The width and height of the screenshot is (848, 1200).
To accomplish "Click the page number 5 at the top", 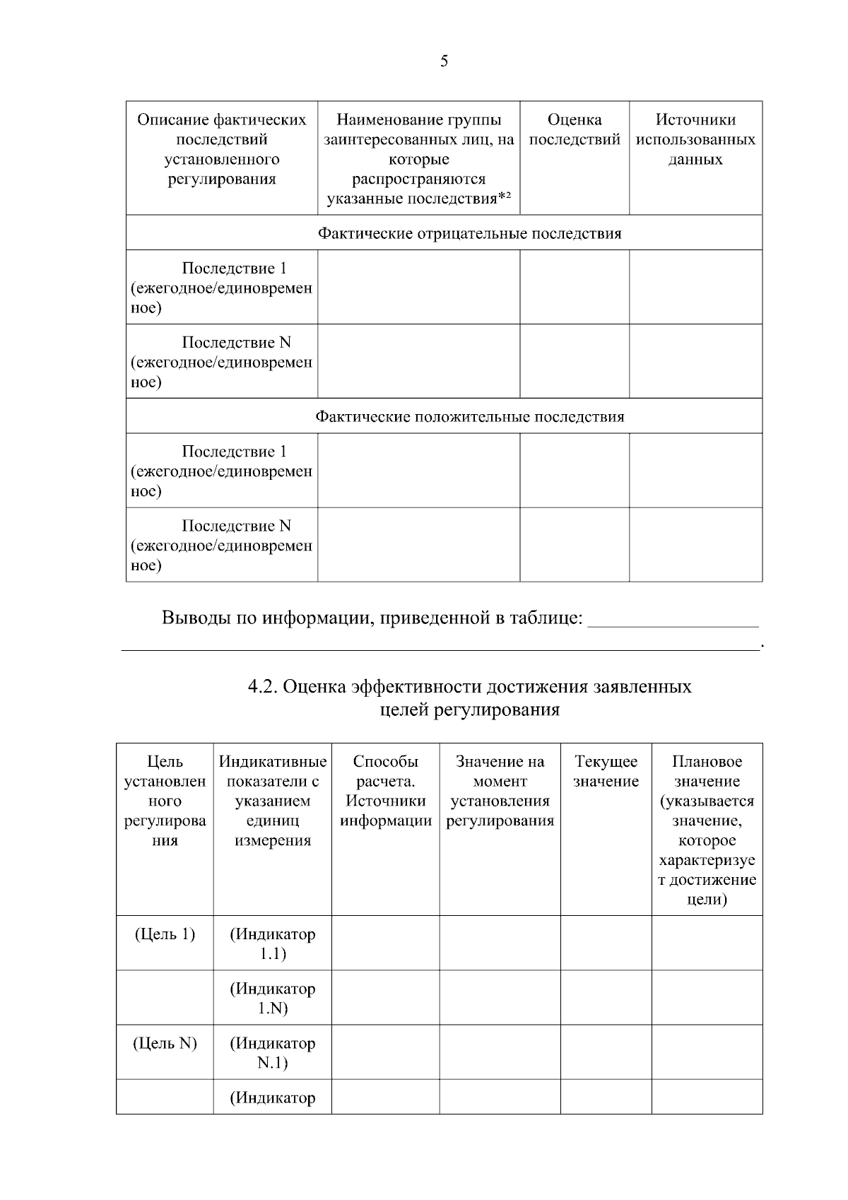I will click(x=444, y=61).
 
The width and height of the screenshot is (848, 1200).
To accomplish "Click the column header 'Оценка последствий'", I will click(x=574, y=130).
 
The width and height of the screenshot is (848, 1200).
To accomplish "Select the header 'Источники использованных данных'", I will click(x=695, y=139).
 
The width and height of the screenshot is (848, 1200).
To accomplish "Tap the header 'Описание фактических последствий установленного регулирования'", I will click(x=221, y=149).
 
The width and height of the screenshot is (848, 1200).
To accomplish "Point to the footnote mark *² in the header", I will click(x=504, y=197).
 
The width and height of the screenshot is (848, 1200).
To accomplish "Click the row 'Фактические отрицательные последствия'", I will click(x=469, y=233).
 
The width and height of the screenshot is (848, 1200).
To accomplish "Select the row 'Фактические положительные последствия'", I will click(x=469, y=416).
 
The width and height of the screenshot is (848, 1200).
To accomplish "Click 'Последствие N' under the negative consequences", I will click(x=236, y=343).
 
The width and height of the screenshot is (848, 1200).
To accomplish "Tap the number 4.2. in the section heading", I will click(x=262, y=687).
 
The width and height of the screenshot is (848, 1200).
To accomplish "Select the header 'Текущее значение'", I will click(x=606, y=772).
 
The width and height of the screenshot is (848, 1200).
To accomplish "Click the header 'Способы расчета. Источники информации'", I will click(x=385, y=791).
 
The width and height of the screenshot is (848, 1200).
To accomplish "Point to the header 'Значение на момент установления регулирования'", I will click(x=500, y=791).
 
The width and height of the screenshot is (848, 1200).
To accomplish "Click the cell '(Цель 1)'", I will click(x=165, y=934).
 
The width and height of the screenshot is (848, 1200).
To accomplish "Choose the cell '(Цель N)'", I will click(x=165, y=1043).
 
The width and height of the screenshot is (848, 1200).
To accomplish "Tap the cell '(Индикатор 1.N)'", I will click(x=272, y=998).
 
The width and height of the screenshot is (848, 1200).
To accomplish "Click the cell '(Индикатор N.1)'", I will click(x=272, y=1052).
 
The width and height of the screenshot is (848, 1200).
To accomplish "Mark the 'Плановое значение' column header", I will click(x=707, y=772).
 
